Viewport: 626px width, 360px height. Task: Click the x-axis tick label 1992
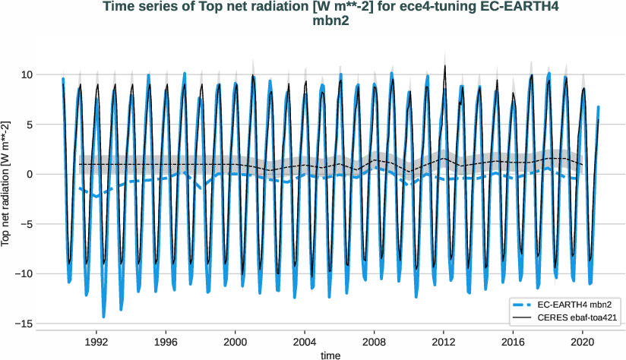pyautogui.click(x=96, y=342)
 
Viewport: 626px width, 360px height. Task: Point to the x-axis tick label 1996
pyautogui.click(x=166, y=342)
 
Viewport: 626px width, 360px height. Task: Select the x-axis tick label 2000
pyautogui.click(x=236, y=342)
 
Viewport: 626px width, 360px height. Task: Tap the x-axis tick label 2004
pyautogui.click(x=305, y=342)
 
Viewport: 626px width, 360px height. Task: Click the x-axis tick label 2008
pyautogui.click(x=375, y=342)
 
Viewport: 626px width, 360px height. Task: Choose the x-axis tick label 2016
pyautogui.click(x=514, y=342)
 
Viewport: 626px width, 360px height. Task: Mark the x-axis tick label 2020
pyautogui.click(x=583, y=342)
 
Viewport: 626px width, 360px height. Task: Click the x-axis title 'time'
pyautogui.click(x=330, y=355)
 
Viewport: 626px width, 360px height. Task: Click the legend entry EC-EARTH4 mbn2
pyautogui.click(x=568, y=304)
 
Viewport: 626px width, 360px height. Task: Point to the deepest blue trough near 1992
pyautogui.click(x=104, y=317)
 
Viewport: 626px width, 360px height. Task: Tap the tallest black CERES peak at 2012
pyautogui.click(x=445, y=66)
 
